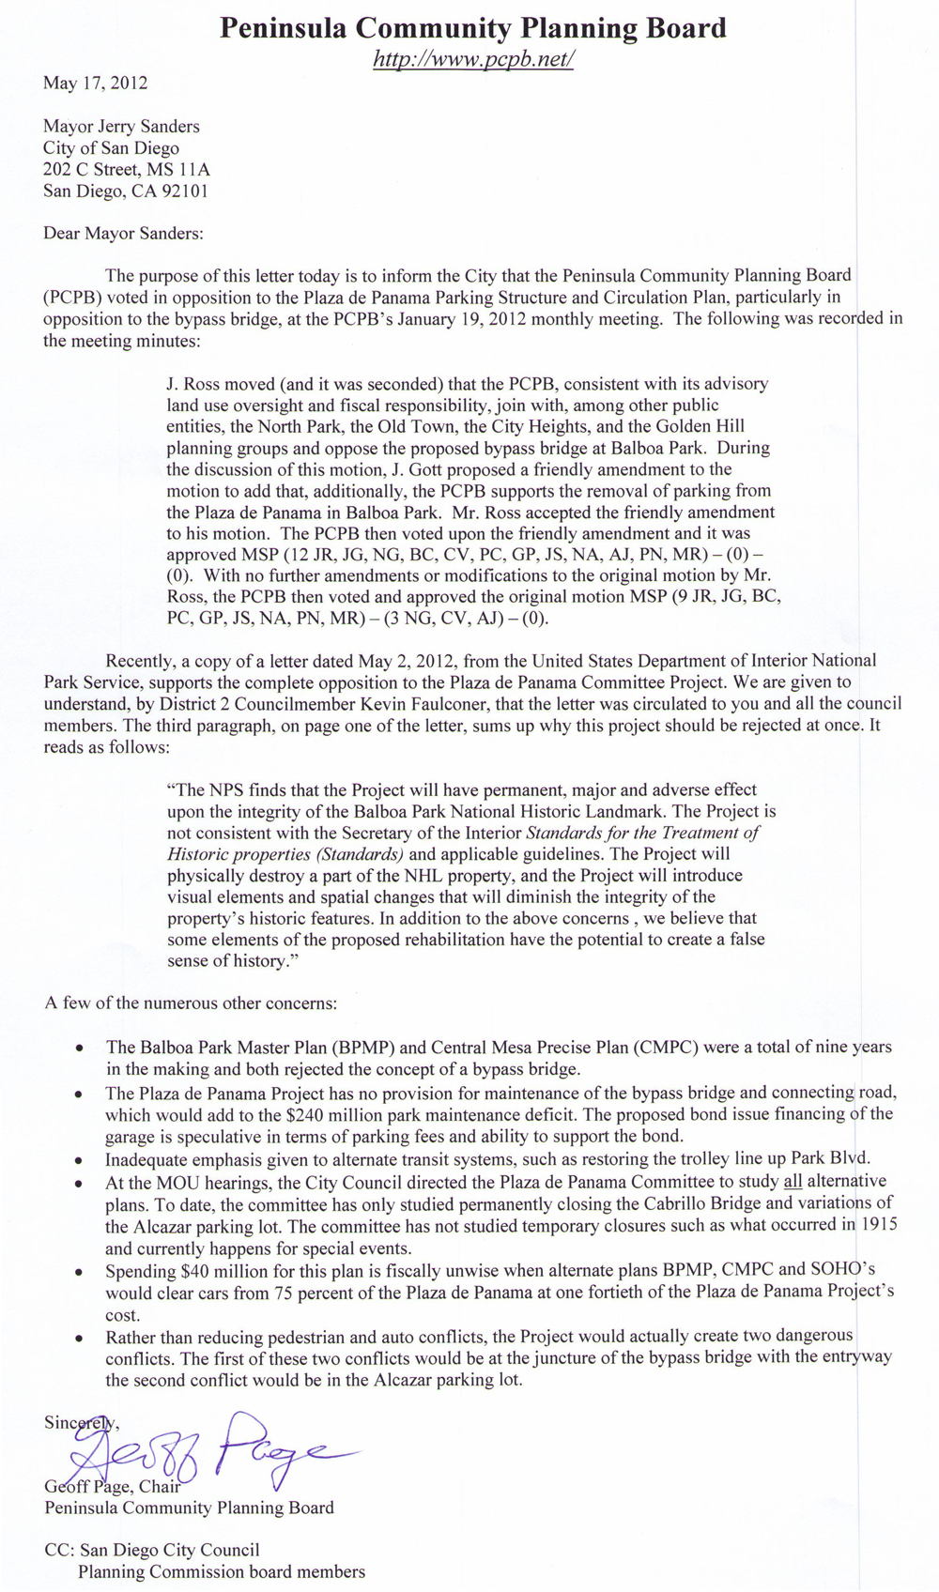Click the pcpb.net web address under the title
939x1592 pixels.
(473, 59)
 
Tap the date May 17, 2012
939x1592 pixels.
(95, 83)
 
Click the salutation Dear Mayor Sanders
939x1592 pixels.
(123, 233)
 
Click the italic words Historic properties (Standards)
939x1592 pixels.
(285, 854)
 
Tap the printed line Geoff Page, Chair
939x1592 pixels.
(112, 1487)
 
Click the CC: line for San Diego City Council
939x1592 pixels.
(152, 1550)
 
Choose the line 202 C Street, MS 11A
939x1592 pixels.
(127, 169)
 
